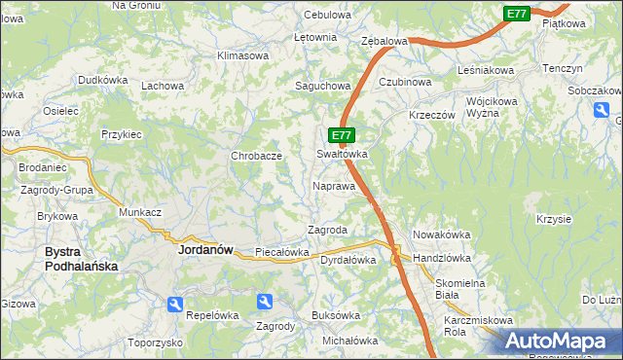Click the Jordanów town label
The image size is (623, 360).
205,249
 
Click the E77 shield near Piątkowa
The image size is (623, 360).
517,14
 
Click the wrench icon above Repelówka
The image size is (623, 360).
175,305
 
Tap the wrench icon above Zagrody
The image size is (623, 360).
265,304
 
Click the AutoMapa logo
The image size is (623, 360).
559,341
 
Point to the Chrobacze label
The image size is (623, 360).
256,156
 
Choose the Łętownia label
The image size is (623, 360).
315,37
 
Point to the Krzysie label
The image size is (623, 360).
553,219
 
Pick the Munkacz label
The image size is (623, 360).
140,211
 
